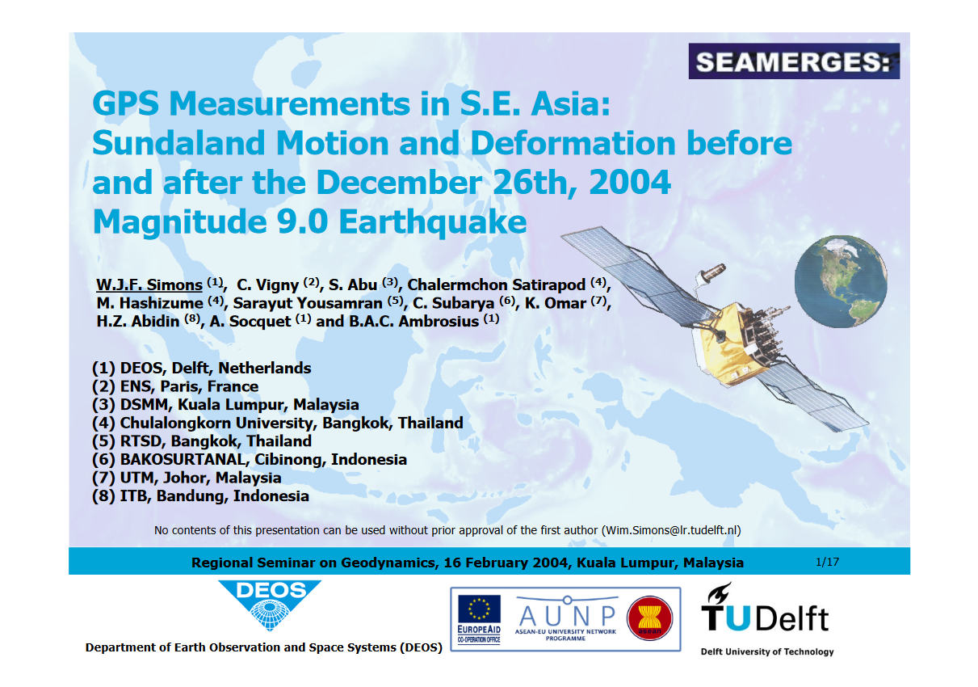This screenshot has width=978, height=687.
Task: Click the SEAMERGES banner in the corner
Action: click(793, 61)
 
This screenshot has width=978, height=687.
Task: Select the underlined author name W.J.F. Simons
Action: click(149, 284)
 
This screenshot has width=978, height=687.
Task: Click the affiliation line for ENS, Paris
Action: click(175, 386)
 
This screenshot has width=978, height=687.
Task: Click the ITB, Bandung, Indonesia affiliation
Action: click(200, 495)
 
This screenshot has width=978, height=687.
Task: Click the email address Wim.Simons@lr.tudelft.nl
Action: click(670, 530)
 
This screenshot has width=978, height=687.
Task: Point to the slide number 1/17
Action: click(828, 562)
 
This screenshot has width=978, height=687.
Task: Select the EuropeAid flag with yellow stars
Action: click(478, 609)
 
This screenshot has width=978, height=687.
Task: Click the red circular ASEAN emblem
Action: click(649, 617)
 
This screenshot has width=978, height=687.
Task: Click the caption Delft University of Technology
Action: click(766, 651)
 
